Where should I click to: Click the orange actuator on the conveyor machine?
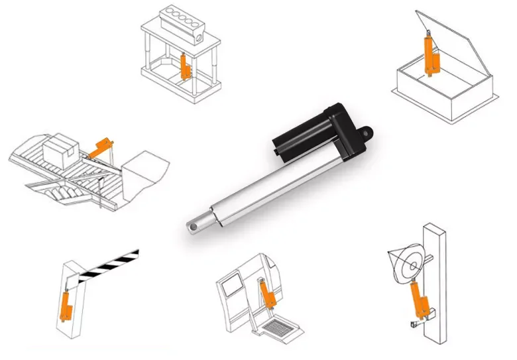[101, 147]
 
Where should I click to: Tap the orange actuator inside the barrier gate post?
[66, 305]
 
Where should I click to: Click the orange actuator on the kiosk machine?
[268, 295]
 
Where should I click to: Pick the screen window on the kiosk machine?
[232, 286]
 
